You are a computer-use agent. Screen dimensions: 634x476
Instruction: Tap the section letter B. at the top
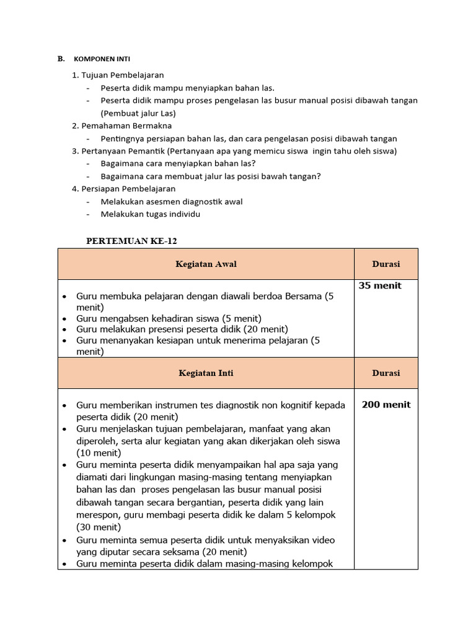pos(61,59)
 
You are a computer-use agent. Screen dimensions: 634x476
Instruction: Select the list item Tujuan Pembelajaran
pos(123,75)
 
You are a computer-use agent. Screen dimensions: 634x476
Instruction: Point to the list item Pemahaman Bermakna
pos(122,126)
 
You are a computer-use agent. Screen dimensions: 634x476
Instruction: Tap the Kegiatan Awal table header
pos(206,264)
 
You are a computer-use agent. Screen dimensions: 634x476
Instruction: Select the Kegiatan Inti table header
pos(206,373)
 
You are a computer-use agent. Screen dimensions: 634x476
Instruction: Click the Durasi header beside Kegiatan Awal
pos(386,264)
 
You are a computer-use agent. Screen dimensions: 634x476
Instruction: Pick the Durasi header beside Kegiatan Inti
pos(386,373)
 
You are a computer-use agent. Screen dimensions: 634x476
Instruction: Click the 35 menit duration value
pos(380,286)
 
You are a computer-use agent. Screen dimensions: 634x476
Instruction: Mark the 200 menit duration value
pos(386,405)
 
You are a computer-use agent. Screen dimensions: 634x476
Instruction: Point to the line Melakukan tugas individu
pos(151,214)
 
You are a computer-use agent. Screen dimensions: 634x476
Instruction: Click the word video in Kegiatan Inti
pos(320,540)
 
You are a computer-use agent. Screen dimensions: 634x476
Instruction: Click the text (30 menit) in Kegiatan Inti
pos(99,528)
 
